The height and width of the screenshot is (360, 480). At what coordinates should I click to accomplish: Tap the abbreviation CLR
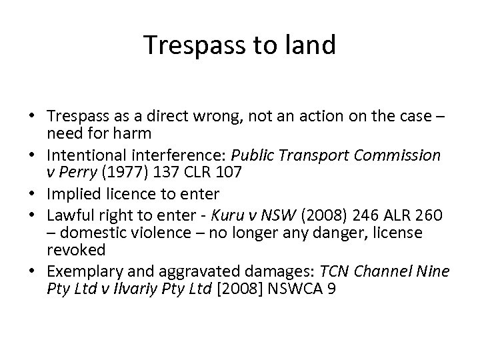tap(181, 173)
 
